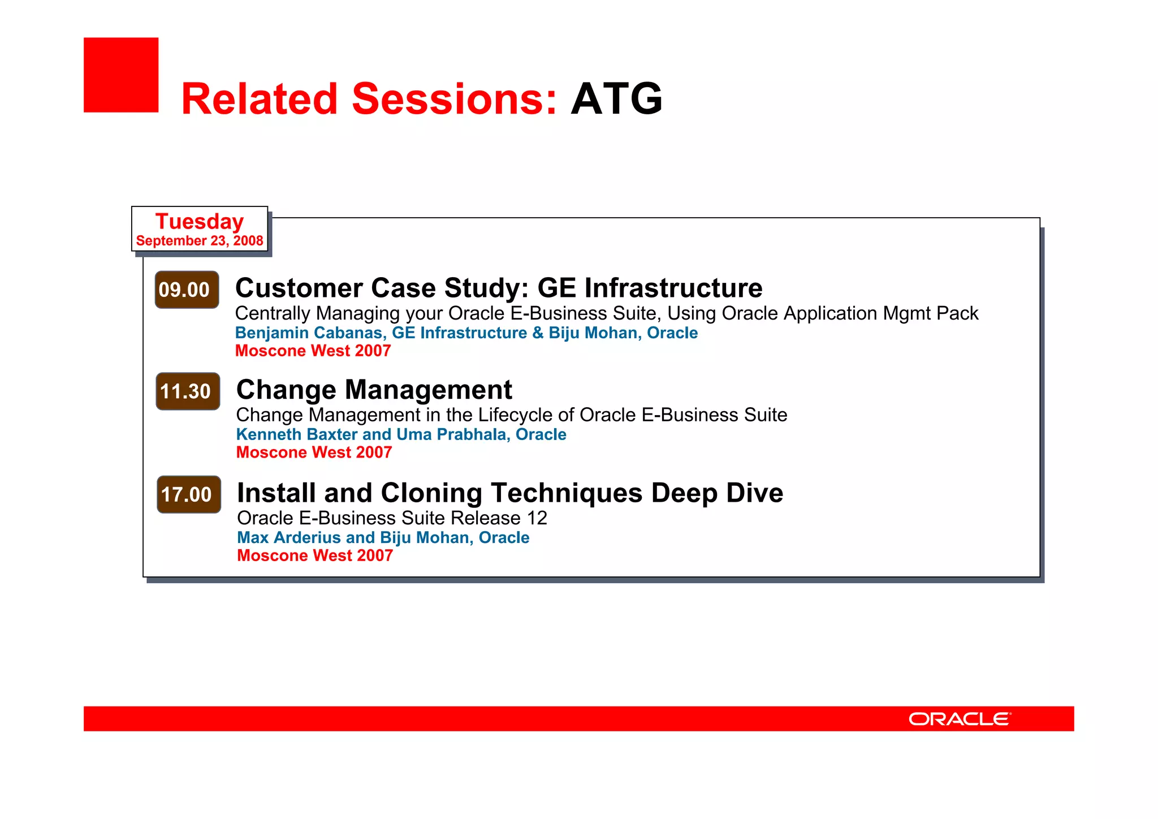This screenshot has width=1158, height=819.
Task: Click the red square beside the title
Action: pos(121,75)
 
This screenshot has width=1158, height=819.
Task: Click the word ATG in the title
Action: pos(616,99)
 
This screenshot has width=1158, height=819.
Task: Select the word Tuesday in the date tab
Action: pos(200,221)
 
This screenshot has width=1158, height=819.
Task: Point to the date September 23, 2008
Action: pos(200,241)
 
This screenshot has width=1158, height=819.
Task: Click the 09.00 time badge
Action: pos(187,290)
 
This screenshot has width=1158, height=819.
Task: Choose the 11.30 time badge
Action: pos(188,391)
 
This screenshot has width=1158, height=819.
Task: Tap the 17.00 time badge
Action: pos(188,494)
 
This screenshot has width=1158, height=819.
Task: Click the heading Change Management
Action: pos(374,390)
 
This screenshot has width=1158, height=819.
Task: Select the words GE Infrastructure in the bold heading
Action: pos(650,288)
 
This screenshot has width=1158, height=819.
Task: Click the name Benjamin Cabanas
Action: pos(309,333)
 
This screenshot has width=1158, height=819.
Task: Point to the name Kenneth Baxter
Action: pos(297,434)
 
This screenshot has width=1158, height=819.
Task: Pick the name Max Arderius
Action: pos(289,537)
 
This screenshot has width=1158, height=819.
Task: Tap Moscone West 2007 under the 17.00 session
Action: pos(315,555)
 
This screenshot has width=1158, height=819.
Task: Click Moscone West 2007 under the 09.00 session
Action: pos(313,351)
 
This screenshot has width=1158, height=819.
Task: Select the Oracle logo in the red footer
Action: pos(960,719)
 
